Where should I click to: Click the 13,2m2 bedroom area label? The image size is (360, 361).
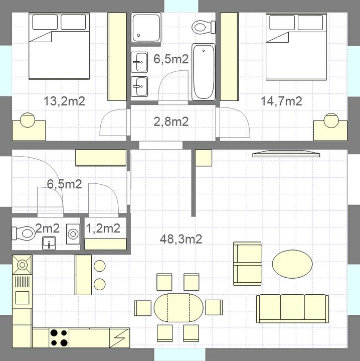(64, 101)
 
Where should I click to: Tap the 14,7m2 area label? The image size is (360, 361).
(281, 101)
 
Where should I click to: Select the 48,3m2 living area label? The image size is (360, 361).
(181, 239)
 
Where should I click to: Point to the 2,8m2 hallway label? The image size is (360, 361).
(171, 122)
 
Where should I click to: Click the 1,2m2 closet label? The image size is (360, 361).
(103, 228)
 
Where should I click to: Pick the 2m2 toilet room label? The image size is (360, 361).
(48, 228)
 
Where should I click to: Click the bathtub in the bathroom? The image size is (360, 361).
(204, 72)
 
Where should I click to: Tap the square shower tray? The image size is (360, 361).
(146, 28)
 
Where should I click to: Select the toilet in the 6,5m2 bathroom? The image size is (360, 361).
(204, 27)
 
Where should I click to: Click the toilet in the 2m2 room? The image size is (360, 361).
(24, 233)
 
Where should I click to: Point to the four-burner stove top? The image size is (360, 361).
(59, 338)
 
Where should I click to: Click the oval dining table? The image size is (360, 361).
(178, 308)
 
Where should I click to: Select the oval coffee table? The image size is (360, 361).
(292, 264)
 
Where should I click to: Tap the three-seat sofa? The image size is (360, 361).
(292, 308)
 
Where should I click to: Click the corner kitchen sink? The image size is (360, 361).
(22, 265)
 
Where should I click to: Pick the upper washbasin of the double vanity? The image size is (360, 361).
(139, 62)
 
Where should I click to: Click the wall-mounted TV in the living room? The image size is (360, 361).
(286, 154)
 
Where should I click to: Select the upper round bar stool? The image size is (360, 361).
(100, 266)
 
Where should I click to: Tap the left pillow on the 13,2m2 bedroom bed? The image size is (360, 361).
(45, 22)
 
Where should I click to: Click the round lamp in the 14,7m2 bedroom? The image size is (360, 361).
(331, 121)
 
